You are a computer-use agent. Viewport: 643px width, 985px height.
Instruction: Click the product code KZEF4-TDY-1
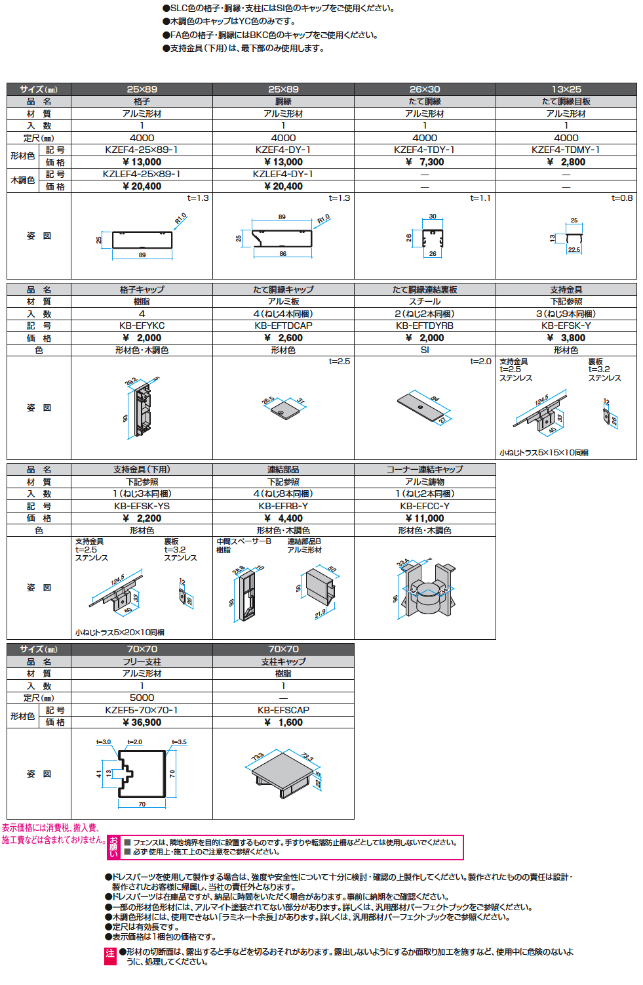coord(424,150)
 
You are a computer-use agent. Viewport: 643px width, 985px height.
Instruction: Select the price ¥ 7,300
coord(424,162)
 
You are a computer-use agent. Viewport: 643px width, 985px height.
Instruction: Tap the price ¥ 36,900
coord(142,723)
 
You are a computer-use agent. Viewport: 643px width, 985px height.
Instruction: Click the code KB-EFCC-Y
coord(424,506)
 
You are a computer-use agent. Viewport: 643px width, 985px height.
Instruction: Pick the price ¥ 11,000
coord(424,518)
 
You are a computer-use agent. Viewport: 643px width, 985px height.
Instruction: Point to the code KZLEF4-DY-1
coord(283,175)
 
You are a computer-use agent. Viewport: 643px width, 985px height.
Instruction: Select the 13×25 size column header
coord(566,89)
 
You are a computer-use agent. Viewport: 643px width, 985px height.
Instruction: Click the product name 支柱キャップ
coord(283,661)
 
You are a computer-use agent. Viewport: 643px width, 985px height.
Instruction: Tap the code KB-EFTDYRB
coord(424,326)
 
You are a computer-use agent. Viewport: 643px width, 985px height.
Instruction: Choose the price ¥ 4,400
coord(283,518)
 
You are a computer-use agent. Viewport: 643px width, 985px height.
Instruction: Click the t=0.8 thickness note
coord(622,198)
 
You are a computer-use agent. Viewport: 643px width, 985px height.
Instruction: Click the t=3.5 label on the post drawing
coord(179,742)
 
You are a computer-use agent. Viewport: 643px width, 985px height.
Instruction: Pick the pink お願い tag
coord(114,847)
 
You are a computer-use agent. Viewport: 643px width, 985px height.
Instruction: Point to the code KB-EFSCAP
coord(283,710)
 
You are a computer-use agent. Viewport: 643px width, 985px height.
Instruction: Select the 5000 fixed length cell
coord(142,698)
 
